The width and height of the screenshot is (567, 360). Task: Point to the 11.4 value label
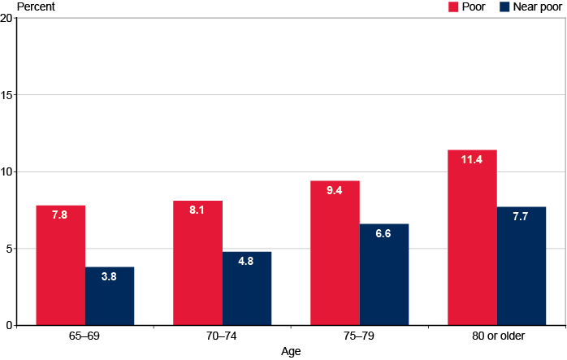(472, 160)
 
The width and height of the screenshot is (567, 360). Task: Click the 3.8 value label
(110, 277)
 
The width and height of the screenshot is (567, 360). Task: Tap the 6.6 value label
(384, 234)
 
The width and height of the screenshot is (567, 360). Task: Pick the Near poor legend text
(536, 7)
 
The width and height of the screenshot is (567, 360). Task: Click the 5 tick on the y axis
(8, 249)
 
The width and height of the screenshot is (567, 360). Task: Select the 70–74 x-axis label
(223, 336)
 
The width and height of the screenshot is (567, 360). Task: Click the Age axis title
(291, 352)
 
